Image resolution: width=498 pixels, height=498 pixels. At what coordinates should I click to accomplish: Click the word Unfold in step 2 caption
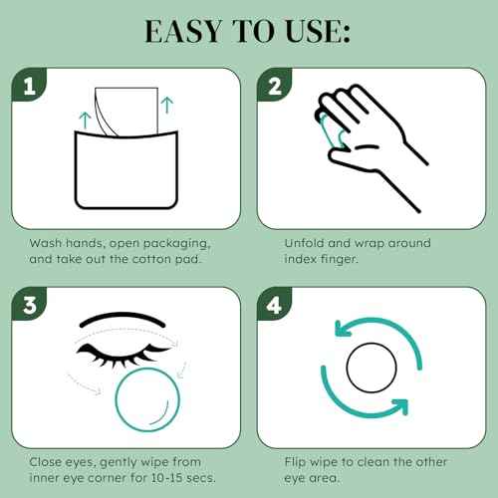click(x=295, y=240)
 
